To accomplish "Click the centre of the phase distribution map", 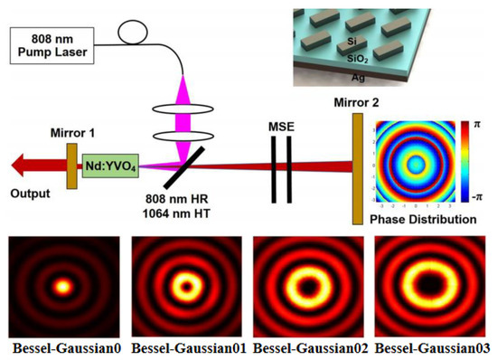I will (416, 164).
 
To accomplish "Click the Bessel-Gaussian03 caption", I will (434, 348).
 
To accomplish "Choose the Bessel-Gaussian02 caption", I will (310, 348).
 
